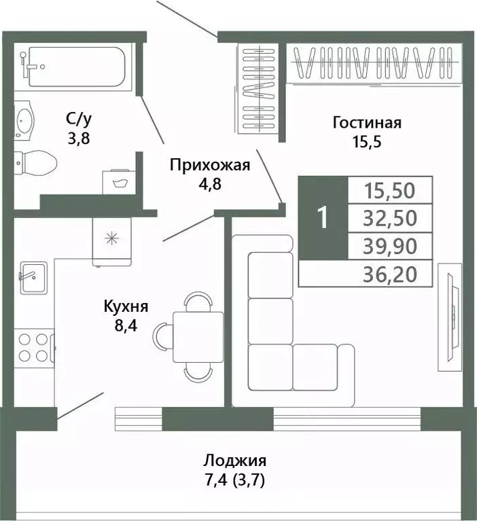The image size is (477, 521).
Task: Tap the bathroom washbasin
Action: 26,123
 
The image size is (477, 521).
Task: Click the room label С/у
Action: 79,120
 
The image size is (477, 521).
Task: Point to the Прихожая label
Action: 210,164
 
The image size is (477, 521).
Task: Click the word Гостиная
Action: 367,123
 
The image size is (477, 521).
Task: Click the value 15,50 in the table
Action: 389,190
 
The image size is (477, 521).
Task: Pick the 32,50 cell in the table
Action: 389,218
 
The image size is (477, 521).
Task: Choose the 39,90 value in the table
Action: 389,246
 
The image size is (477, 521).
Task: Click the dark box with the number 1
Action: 323,217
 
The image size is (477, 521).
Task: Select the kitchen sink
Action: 33,277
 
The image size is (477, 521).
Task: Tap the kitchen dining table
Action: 198,337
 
